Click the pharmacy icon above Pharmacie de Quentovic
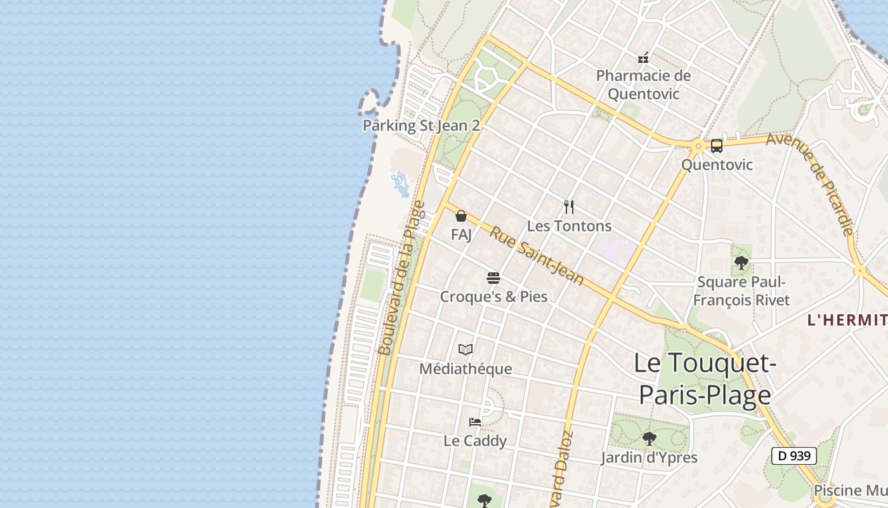[643, 58]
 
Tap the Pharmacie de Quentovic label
[643, 85]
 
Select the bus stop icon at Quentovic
[716, 146]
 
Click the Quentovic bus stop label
[717, 165]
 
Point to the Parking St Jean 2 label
[421, 126]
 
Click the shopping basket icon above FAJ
[461, 216]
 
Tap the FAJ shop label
[461, 235]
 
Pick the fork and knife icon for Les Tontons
[569, 207]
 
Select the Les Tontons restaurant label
[569, 226]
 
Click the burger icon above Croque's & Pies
[493, 278]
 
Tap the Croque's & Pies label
[493, 297]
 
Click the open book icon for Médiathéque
[466, 349]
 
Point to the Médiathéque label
[466, 369]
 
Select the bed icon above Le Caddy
[474, 422]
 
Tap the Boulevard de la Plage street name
[401, 278]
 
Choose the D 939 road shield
[793, 455]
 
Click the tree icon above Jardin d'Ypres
[649, 438]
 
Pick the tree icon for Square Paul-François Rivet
[741, 263]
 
